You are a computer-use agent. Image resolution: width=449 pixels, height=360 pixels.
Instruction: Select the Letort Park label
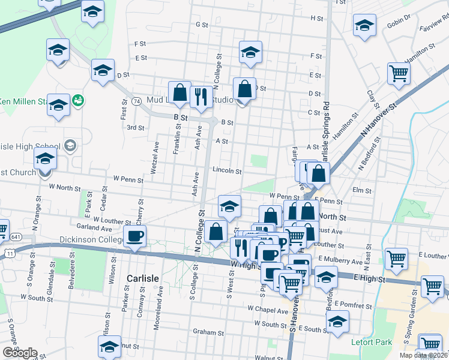[371, 343]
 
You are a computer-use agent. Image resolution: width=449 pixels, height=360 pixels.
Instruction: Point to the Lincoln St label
[227, 171]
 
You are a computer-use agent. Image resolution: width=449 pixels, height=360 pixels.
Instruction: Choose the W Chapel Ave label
[268, 310]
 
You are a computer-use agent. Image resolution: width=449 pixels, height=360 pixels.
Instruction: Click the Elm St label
[363, 190]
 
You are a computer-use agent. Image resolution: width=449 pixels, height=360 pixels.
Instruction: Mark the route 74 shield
[137, 101]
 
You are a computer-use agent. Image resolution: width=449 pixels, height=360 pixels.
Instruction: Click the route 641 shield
[13, 236]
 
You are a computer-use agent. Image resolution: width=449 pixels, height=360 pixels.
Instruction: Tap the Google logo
[20, 353]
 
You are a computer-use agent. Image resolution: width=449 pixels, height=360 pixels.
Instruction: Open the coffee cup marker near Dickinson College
[134, 235]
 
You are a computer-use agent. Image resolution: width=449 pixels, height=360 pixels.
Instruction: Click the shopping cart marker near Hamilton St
[399, 74]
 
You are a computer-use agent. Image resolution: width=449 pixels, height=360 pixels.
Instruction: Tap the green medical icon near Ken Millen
[77, 100]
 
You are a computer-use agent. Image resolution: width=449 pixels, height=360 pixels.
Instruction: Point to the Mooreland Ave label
[161, 299]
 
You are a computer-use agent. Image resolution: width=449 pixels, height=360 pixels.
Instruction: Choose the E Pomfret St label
[354, 305]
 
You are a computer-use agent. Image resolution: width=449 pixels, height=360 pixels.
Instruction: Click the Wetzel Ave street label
[155, 158]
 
